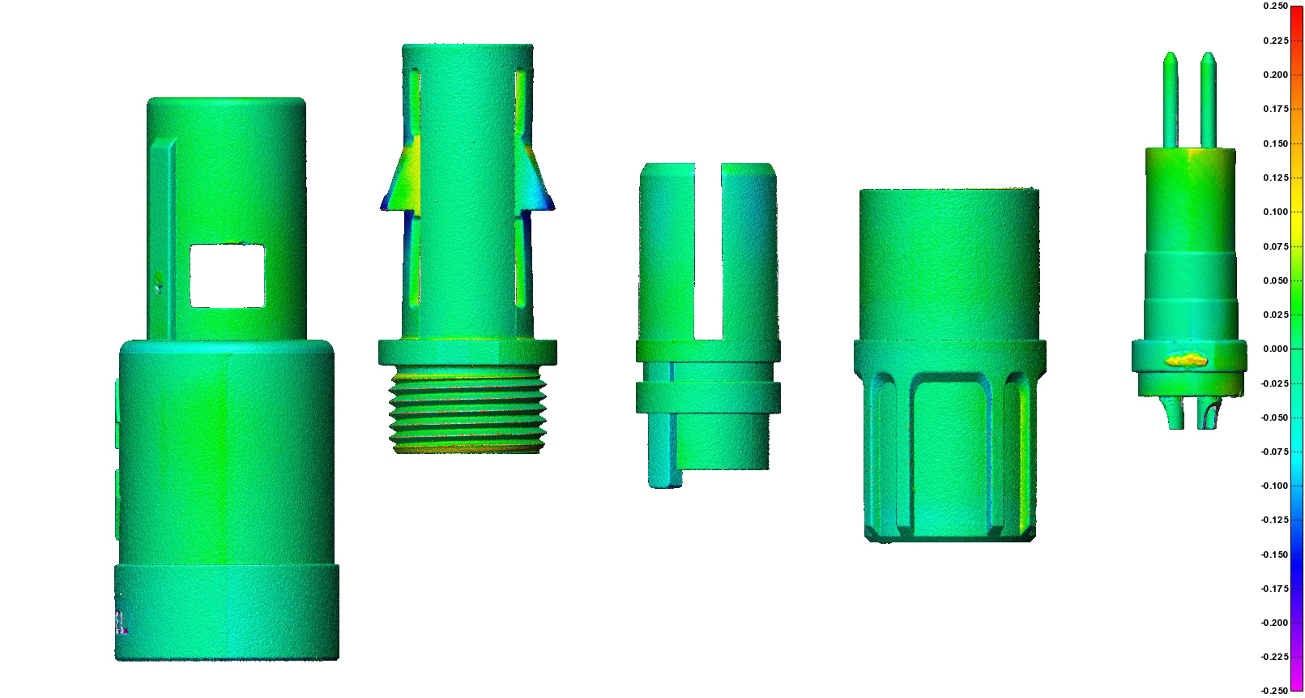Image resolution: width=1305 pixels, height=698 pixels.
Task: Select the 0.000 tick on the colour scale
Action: (x=1276, y=349)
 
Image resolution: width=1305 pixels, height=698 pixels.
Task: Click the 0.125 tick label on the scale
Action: (x=1276, y=178)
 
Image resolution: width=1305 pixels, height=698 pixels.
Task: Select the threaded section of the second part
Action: (x=467, y=409)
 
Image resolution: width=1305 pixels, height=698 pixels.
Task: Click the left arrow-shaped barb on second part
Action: (x=398, y=182)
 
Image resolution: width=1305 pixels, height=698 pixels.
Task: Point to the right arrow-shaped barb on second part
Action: (x=536, y=182)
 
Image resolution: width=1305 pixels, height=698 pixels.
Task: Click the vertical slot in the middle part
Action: (x=708, y=251)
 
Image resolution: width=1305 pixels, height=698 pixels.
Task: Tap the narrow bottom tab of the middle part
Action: (x=664, y=454)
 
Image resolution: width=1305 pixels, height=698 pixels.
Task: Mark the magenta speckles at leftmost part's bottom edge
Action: (x=122, y=621)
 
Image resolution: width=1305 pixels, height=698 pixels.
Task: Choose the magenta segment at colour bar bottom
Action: (x=1297, y=677)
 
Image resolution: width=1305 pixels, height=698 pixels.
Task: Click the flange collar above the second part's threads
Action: (x=467, y=352)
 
